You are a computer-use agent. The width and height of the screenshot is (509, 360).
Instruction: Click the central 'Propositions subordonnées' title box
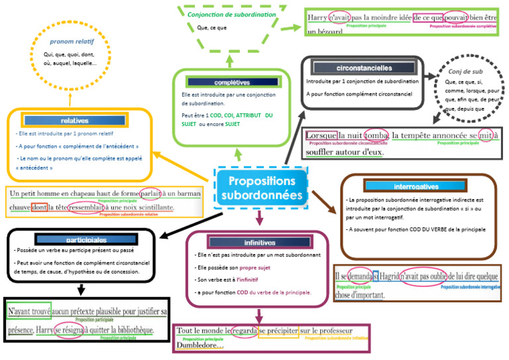coord(261,188)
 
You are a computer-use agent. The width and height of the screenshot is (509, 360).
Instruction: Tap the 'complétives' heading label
coord(232,82)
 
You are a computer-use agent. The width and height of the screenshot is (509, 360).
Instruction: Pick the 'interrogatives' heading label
coord(416,186)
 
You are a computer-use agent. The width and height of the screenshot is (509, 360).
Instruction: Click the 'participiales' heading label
coord(86,239)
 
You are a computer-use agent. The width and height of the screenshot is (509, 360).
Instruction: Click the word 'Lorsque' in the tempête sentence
coord(322,135)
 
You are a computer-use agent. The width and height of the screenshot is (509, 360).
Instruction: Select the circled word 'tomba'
coord(376,135)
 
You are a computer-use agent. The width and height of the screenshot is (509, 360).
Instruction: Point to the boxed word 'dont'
coord(39,208)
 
